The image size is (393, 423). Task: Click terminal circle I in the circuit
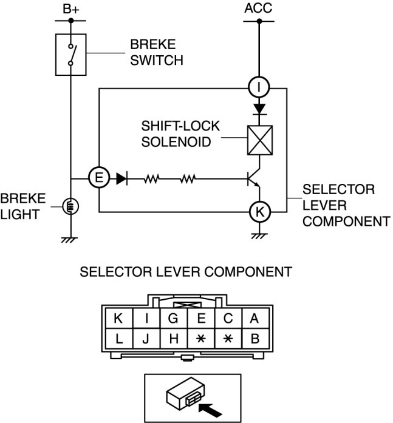coord(259,87)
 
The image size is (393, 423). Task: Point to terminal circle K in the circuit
coord(259,212)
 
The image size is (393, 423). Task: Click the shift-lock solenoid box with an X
coord(259,140)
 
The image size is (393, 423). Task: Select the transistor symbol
coord(253,180)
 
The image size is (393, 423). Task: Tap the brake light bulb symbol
coord(70,206)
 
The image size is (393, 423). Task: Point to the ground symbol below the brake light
coord(70,239)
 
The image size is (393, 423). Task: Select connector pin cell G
coord(173,317)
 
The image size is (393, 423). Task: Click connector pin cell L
coord(119,339)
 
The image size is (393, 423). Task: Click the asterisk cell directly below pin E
coord(200,339)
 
